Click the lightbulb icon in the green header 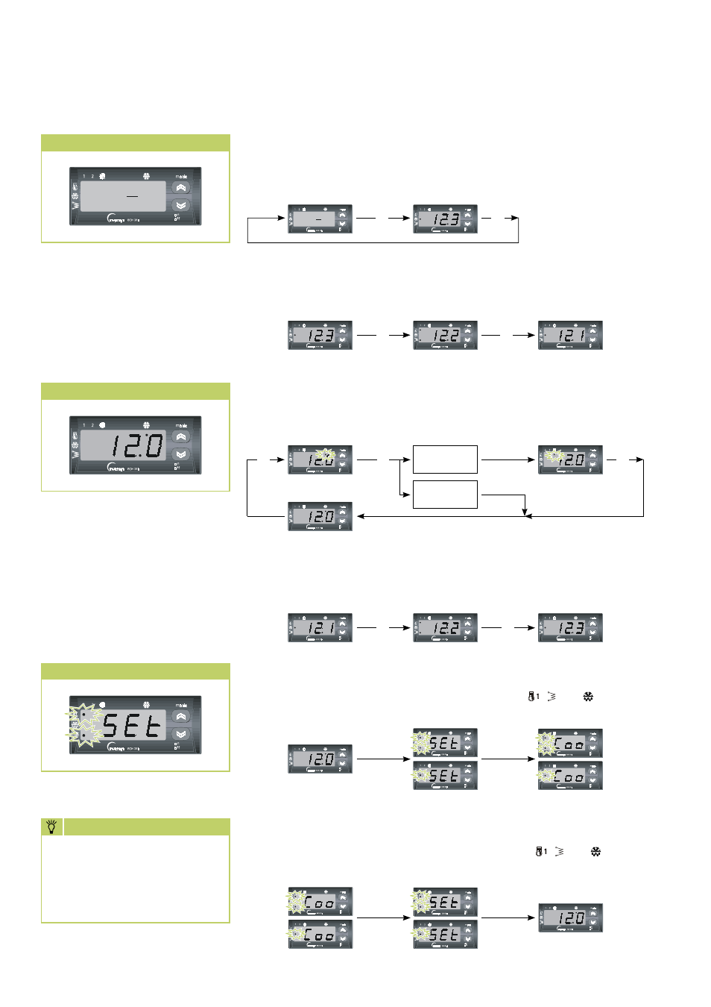coord(51,826)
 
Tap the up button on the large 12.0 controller coord(181,437)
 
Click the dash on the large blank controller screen coord(133,196)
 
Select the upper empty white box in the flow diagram coord(445,459)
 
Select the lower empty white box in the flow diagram coord(445,495)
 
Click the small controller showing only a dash coord(320,219)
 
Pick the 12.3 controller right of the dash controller coord(445,219)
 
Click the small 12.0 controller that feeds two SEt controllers coord(320,759)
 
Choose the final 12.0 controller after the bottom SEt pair coord(570,917)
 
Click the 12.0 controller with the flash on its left coord(570,459)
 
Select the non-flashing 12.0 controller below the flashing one coord(320,516)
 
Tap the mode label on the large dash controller coord(181,177)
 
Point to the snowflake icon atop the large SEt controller coord(146,703)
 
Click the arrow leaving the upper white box coord(508,459)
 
